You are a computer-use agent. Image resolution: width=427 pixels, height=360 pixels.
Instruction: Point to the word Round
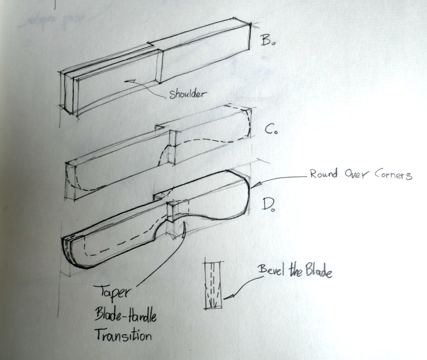(x=324, y=174)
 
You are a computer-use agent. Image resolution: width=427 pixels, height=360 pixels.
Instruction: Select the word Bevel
(x=271, y=270)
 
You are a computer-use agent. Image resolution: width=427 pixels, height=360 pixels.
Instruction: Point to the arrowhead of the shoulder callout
(x=129, y=80)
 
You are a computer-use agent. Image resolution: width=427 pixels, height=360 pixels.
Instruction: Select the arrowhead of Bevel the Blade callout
(x=226, y=297)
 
